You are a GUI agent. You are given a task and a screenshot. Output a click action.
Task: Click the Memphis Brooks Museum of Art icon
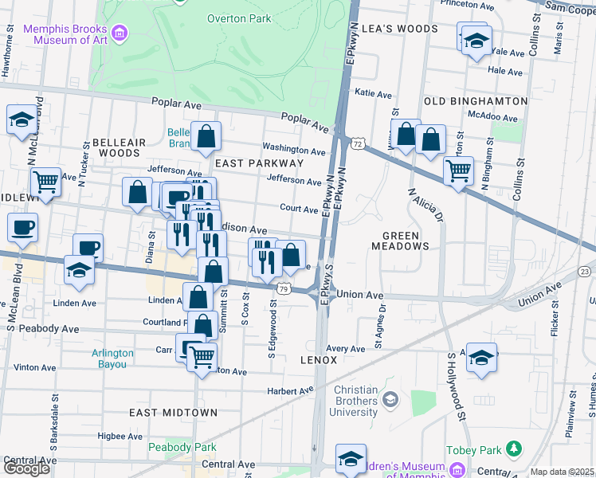point(120,33)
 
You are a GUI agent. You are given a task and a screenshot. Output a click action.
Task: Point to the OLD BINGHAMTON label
point(476,101)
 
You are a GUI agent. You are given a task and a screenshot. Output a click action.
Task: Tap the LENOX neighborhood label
point(317,360)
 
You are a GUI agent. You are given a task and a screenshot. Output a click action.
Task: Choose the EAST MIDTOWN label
point(173,412)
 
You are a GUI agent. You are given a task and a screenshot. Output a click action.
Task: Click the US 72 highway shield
point(358,143)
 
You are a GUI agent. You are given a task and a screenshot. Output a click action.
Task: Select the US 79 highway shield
point(283,285)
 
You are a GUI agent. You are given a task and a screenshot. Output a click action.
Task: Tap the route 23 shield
point(585,272)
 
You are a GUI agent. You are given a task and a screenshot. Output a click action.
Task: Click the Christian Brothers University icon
point(390,398)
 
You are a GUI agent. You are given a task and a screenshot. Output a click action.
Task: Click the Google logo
point(26,468)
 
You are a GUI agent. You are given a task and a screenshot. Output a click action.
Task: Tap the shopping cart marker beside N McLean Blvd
point(45,182)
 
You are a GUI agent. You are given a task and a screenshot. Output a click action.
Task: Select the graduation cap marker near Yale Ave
point(476,41)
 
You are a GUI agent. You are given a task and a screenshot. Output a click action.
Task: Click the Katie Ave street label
point(373,93)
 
